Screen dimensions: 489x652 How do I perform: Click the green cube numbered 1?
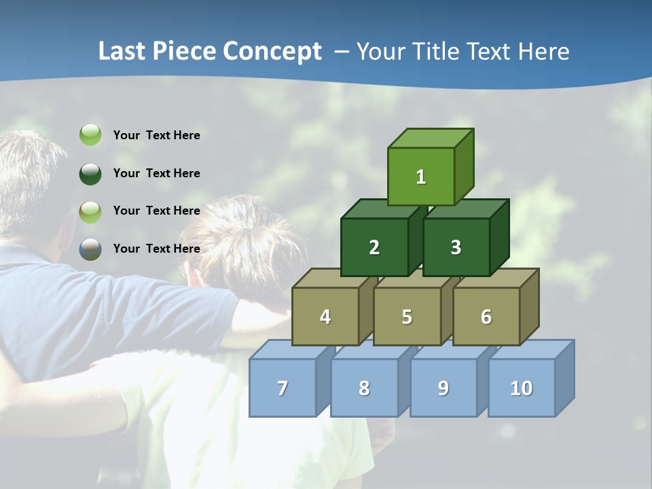point(421,177)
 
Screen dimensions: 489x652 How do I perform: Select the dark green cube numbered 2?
point(374,247)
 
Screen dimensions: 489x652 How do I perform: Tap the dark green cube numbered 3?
point(456,247)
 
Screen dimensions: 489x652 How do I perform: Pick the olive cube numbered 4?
point(325,316)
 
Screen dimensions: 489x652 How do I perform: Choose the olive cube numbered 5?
point(407,316)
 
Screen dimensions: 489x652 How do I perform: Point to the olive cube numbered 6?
point(486,316)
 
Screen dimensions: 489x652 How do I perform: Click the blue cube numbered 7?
point(283,388)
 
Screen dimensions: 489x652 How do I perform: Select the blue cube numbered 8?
point(364,388)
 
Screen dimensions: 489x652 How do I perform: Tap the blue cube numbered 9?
point(443,388)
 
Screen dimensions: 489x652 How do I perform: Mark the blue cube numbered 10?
point(522,388)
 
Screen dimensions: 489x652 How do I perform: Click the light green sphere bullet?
point(90,135)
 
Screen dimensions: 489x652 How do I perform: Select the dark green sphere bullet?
point(90,173)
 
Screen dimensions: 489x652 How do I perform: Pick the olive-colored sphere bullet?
point(90,211)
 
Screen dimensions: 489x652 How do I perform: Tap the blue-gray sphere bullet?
point(90,249)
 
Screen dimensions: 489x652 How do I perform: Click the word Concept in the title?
point(272,52)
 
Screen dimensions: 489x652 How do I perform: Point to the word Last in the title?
point(122,52)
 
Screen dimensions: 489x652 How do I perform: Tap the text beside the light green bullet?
point(157,135)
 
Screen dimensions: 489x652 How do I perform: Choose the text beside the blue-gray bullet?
point(157,249)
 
